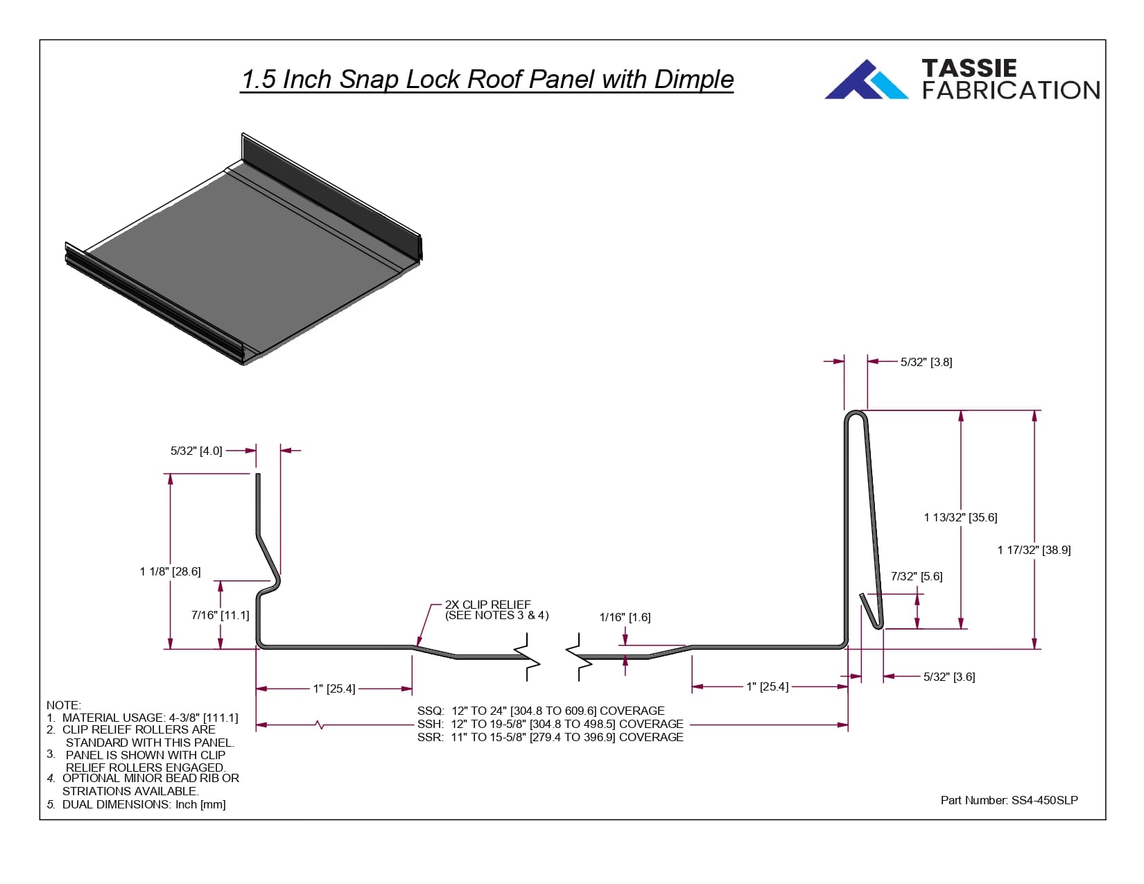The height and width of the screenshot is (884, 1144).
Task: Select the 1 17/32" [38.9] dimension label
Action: (x=1034, y=550)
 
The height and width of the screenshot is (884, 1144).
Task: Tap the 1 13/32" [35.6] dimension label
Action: (x=960, y=517)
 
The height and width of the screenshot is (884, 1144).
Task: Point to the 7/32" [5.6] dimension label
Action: (x=917, y=576)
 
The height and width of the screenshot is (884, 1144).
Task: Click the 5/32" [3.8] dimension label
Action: (x=926, y=362)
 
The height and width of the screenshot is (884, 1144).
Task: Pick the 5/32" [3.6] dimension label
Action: (x=949, y=677)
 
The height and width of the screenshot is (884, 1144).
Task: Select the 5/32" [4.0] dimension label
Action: (x=196, y=451)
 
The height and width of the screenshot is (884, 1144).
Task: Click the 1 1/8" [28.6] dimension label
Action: (x=170, y=571)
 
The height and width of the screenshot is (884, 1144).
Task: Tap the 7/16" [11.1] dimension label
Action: (x=220, y=615)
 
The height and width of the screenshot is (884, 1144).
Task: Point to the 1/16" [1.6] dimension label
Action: (x=625, y=617)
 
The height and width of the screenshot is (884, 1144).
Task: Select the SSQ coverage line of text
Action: (x=541, y=711)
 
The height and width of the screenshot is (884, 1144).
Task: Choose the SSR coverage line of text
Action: (x=550, y=737)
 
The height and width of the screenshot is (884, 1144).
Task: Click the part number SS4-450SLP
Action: (x=1009, y=800)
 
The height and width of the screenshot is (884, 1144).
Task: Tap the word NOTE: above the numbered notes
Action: (x=64, y=705)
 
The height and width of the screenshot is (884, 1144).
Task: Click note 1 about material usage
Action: (x=142, y=718)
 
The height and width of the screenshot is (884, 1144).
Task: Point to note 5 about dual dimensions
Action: (x=136, y=804)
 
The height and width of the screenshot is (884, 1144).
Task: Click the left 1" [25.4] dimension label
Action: (x=334, y=688)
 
